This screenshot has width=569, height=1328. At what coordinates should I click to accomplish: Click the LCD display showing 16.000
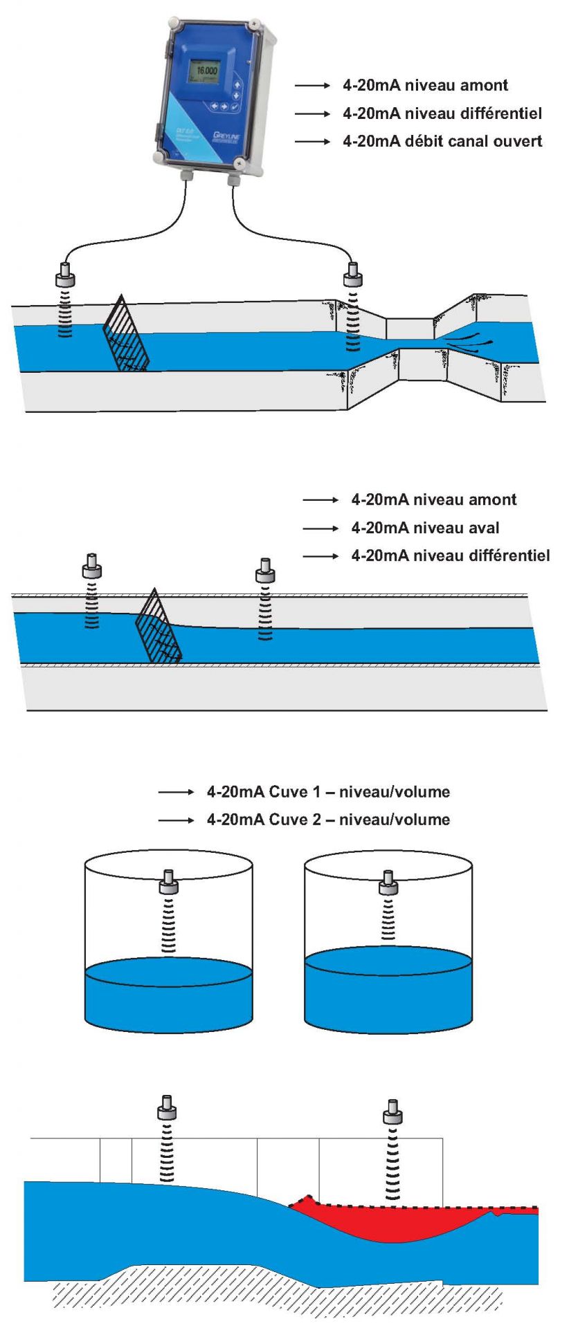(206, 71)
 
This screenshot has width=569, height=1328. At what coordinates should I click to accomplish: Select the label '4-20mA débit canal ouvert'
(442, 142)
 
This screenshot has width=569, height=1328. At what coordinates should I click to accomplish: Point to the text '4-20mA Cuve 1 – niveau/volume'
(328, 792)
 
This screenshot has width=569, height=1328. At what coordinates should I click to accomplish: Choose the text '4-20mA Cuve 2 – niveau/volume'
(328, 820)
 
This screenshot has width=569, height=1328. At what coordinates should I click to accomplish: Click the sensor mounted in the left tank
(168, 881)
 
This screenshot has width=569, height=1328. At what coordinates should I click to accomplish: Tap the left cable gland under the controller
(186, 178)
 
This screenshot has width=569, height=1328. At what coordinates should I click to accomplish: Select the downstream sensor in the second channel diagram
(264, 571)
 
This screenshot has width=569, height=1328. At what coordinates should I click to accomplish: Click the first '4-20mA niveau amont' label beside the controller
(425, 86)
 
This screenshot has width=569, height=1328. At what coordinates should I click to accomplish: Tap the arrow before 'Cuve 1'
(176, 793)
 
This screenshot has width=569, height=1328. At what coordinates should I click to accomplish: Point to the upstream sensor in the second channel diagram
(91, 566)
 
